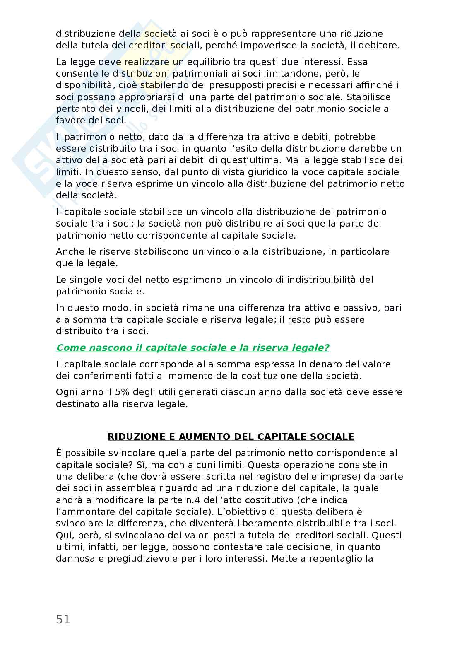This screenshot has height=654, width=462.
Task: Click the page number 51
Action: (63, 619)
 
